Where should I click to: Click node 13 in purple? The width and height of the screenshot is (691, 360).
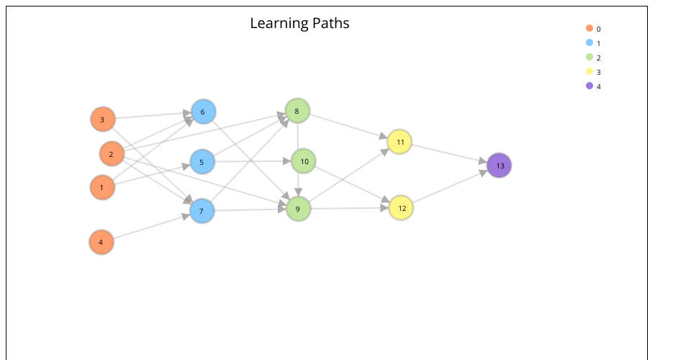[499, 166]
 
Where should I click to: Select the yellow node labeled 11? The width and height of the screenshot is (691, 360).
[399, 142]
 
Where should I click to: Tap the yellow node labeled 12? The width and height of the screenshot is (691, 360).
[401, 208]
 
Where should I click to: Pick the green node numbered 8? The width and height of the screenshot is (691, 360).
[297, 111]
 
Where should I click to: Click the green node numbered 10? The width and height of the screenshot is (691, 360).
[304, 161]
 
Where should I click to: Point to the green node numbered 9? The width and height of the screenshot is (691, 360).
[298, 209]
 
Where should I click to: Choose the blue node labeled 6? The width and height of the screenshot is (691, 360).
[203, 112]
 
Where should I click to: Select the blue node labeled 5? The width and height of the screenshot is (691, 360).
[202, 162]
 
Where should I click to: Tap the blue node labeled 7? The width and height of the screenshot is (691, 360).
[202, 211]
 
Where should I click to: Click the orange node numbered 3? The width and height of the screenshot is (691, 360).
[103, 120]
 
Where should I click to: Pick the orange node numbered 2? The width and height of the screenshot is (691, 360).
[112, 154]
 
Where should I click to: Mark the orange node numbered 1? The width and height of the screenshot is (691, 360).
[102, 187]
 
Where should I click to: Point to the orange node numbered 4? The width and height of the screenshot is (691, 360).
[101, 242]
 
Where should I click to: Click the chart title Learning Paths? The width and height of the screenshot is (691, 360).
[299, 23]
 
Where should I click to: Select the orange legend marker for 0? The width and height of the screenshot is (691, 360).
[590, 28]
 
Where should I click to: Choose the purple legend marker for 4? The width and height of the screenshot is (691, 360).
[590, 86]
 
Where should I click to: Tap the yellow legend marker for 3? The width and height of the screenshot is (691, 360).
[590, 71]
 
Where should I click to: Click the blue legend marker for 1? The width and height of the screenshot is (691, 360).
[590, 42]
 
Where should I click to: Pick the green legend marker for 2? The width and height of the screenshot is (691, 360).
[590, 57]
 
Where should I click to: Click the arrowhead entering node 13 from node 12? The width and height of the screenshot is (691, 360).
[483, 173]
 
